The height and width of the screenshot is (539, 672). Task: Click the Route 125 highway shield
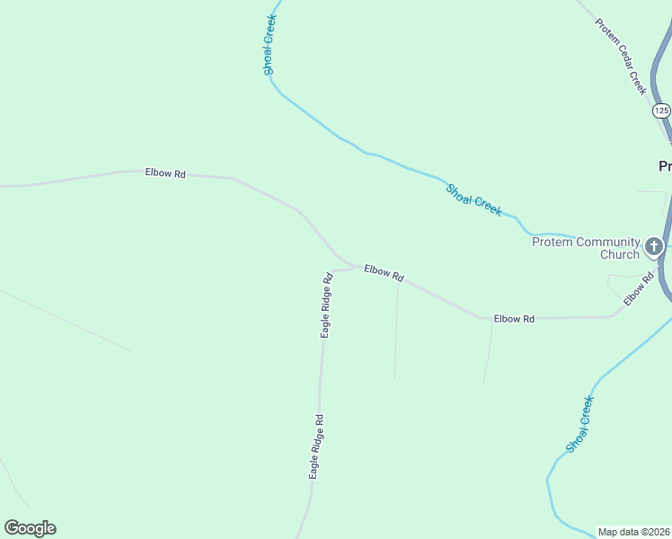tap(661, 110)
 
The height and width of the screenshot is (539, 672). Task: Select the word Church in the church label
tap(619, 254)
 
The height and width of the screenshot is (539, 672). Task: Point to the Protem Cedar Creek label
tap(621, 56)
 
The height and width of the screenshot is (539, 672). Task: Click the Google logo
tap(30, 528)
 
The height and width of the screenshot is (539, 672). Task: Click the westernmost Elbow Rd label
tap(165, 172)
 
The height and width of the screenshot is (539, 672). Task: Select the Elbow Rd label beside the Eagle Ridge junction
tap(384, 273)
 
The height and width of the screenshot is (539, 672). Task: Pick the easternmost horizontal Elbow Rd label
tap(514, 319)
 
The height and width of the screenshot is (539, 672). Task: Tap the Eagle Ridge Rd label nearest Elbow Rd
tap(328, 305)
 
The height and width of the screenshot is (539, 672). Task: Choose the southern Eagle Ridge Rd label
tap(315, 446)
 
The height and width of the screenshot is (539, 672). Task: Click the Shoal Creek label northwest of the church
tap(473, 199)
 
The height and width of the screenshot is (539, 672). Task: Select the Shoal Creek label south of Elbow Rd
tap(580, 424)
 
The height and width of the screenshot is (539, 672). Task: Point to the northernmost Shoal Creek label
tap(269, 44)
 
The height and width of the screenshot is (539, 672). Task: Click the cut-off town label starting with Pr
tap(665, 166)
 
